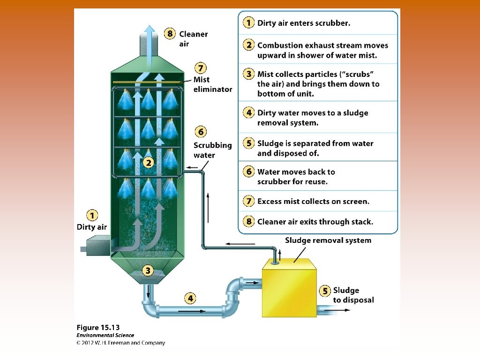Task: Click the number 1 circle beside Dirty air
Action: [x=92, y=215]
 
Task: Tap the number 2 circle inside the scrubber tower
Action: [x=148, y=163]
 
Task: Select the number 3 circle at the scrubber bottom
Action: [x=148, y=270]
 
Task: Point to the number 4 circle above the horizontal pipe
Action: [x=190, y=298]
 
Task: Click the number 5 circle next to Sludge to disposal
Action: [x=325, y=291]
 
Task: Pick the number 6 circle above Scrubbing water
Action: [x=200, y=132]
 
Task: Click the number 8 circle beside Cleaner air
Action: [x=170, y=34]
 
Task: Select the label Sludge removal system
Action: [x=328, y=240]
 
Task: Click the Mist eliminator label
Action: [x=212, y=84]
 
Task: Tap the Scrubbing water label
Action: [x=212, y=150]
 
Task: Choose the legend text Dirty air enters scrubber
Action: [x=303, y=22]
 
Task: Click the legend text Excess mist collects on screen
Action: [x=313, y=202]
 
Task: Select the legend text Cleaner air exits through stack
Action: [x=315, y=222]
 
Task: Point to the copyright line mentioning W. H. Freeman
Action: [x=121, y=343]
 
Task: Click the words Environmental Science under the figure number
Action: [x=105, y=336]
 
